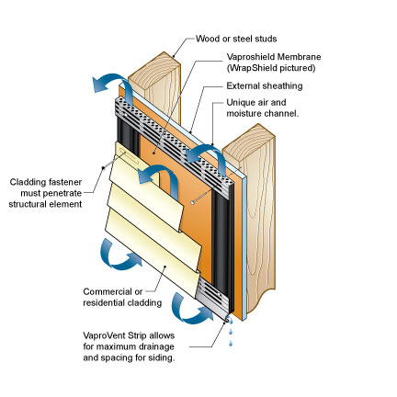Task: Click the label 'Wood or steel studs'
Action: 236,39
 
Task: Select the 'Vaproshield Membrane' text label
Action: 274,57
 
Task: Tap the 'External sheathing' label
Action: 265,85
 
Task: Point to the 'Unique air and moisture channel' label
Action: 263,108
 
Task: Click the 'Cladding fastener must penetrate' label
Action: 46,187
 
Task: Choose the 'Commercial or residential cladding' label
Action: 122,297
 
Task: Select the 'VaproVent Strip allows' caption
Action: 129,335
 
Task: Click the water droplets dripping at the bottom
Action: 231,331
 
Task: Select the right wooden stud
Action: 250,214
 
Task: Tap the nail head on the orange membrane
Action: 192,202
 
